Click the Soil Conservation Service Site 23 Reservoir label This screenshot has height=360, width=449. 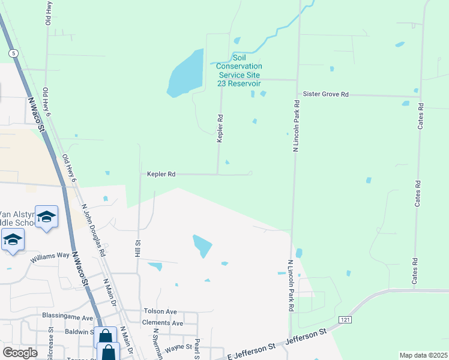point(239,75)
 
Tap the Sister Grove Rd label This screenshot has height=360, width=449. point(325,94)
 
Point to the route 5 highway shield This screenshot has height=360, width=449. point(13,53)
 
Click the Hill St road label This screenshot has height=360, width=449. point(137,249)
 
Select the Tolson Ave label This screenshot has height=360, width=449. point(160,311)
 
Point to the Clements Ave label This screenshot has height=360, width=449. point(163,323)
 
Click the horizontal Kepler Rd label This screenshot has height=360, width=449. point(161,174)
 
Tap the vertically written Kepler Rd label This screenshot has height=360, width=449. point(220,128)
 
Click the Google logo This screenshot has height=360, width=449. point(20,352)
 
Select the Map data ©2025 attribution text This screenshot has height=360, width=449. point(423,355)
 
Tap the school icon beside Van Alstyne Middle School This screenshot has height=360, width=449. point(46,217)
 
